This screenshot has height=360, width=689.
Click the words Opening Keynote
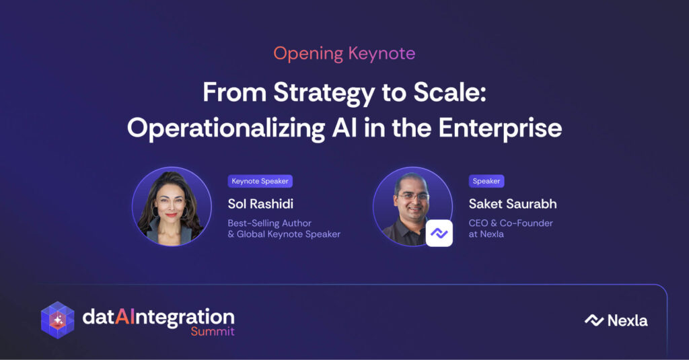[344, 54]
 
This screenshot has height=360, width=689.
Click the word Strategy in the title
[324, 94]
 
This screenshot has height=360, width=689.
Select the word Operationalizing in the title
[226, 129]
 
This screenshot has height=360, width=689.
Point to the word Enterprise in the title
[500, 129]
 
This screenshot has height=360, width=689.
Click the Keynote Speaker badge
[260, 181]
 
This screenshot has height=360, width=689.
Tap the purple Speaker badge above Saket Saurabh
[486, 181]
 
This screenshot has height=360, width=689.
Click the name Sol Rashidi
[260, 204]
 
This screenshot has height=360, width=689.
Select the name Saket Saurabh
[513, 204]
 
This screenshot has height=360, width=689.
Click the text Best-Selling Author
[269, 223]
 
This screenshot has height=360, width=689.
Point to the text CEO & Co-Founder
[511, 223]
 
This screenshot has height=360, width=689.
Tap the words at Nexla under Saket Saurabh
[486, 234]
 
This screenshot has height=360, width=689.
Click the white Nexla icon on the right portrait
[439, 233]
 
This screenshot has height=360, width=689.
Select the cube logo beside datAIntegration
[58, 320]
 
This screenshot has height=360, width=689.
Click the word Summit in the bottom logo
[213, 332]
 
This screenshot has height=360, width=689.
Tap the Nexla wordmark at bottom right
[616, 320]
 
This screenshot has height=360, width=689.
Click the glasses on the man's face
[412, 196]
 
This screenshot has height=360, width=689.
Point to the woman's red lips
[172, 215]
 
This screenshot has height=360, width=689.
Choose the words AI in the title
[344, 129]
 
